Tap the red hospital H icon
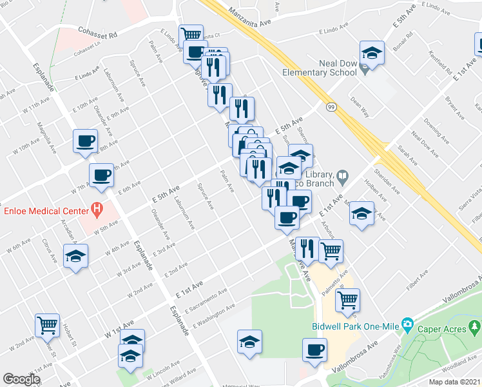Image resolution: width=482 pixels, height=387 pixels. (x=97, y=208)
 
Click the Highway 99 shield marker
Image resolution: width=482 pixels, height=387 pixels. (x=330, y=106)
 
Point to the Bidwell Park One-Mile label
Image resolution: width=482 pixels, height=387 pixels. (x=355, y=326)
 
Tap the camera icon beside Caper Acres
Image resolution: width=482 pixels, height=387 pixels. (x=407, y=324)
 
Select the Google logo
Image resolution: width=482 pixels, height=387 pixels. (x=22, y=379)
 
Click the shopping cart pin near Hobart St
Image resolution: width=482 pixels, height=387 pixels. (x=47, y=326)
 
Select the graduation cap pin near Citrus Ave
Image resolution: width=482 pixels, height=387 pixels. (x=76, y=256)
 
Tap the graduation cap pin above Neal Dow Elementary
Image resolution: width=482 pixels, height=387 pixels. (x=372, y=53)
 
